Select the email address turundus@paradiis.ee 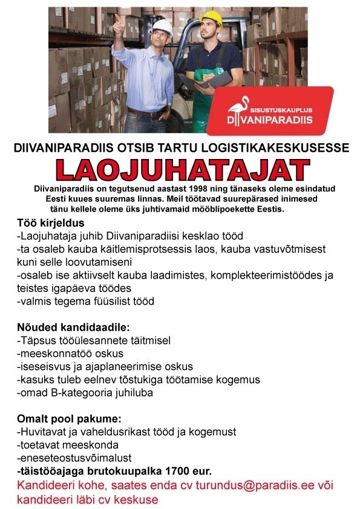coord(255,486)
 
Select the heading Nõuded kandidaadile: coord(73,328)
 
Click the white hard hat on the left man coord(162,26)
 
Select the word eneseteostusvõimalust coord(76,458)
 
